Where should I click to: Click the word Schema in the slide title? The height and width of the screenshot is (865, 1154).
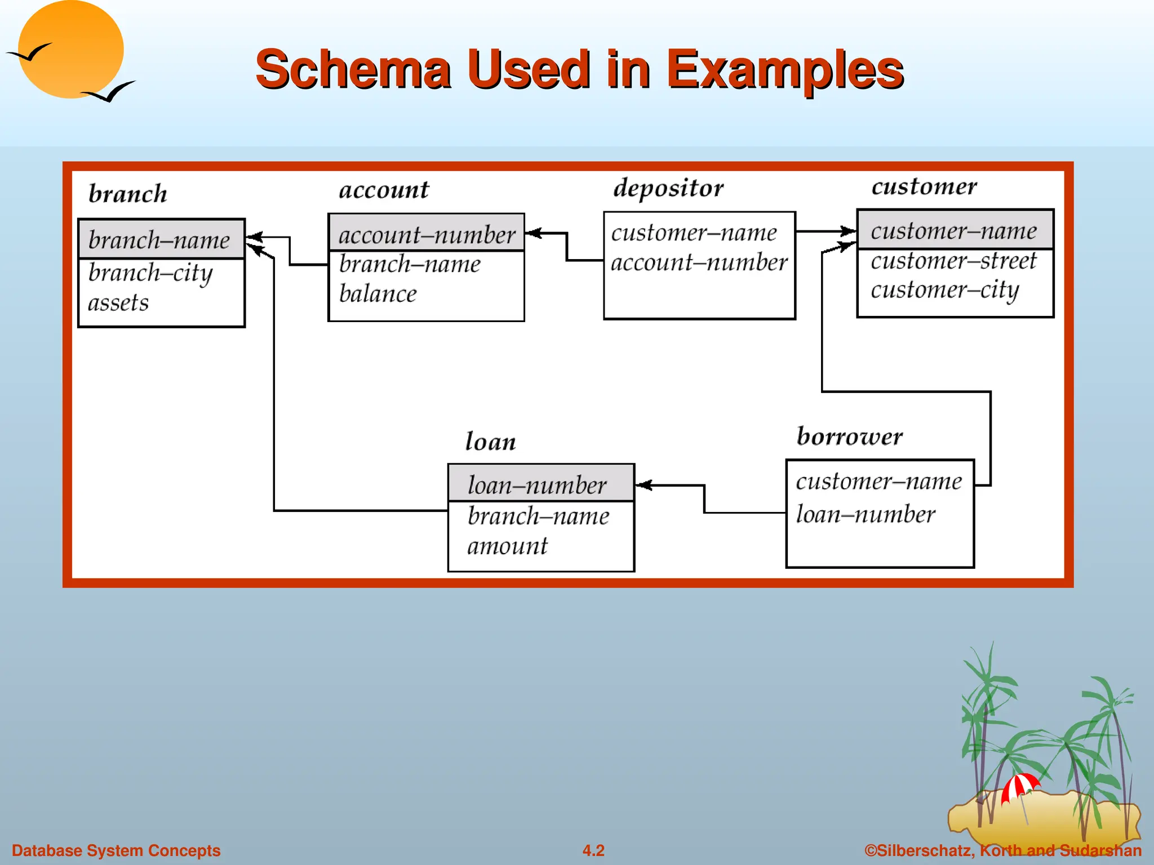point(353,70)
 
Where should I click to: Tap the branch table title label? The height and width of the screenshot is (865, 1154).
point(128,194)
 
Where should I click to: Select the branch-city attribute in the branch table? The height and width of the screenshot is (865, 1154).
point(150,274)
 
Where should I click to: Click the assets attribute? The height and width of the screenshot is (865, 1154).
point(118,304)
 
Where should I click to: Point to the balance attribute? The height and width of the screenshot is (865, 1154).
point(378,294)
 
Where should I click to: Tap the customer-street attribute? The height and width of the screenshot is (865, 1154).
point(953,261)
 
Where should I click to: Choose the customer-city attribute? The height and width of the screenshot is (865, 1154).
point(945,291)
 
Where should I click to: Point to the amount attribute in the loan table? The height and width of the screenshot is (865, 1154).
point(507,546)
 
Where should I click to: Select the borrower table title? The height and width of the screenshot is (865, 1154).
point(850,437)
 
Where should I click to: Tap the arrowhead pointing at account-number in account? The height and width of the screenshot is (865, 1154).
point(533,233)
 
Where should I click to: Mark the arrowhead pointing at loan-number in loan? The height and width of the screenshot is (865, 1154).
point(643,485)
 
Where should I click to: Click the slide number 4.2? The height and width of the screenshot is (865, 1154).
point(593,850)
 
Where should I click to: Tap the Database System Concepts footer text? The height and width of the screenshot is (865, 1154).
point(116,850)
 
